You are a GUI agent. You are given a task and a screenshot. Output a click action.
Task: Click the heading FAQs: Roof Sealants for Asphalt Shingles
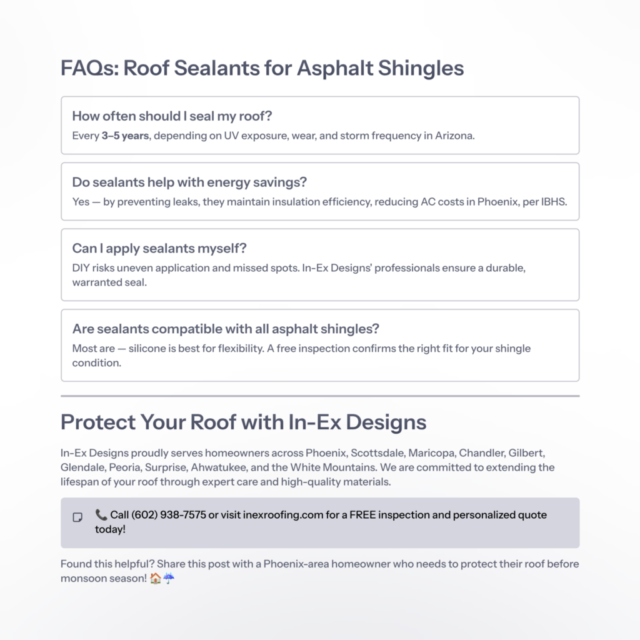[x=262, y=67]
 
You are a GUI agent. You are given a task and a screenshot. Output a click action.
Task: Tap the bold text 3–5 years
[x=125, y=136]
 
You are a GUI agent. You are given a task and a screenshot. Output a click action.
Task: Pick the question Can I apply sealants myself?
[x=159, y=248]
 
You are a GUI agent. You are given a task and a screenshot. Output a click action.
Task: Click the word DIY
[x=82, y=267]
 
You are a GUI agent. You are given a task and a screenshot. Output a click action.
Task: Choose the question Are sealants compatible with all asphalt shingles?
[x=226, y=328]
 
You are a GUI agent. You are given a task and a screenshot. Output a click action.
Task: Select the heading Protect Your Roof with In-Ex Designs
[x=243, y=422]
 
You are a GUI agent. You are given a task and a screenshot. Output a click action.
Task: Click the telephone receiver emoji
[x=101, y=515]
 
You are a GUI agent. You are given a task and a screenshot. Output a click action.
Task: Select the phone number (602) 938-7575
[x=169, y=515]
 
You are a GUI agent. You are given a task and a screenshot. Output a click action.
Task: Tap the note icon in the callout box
[x=77, y=517]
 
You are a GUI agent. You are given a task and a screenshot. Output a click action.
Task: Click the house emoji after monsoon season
[x=156, y=579]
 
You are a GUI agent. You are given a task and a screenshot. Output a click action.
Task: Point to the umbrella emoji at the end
[x=169, y=579]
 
